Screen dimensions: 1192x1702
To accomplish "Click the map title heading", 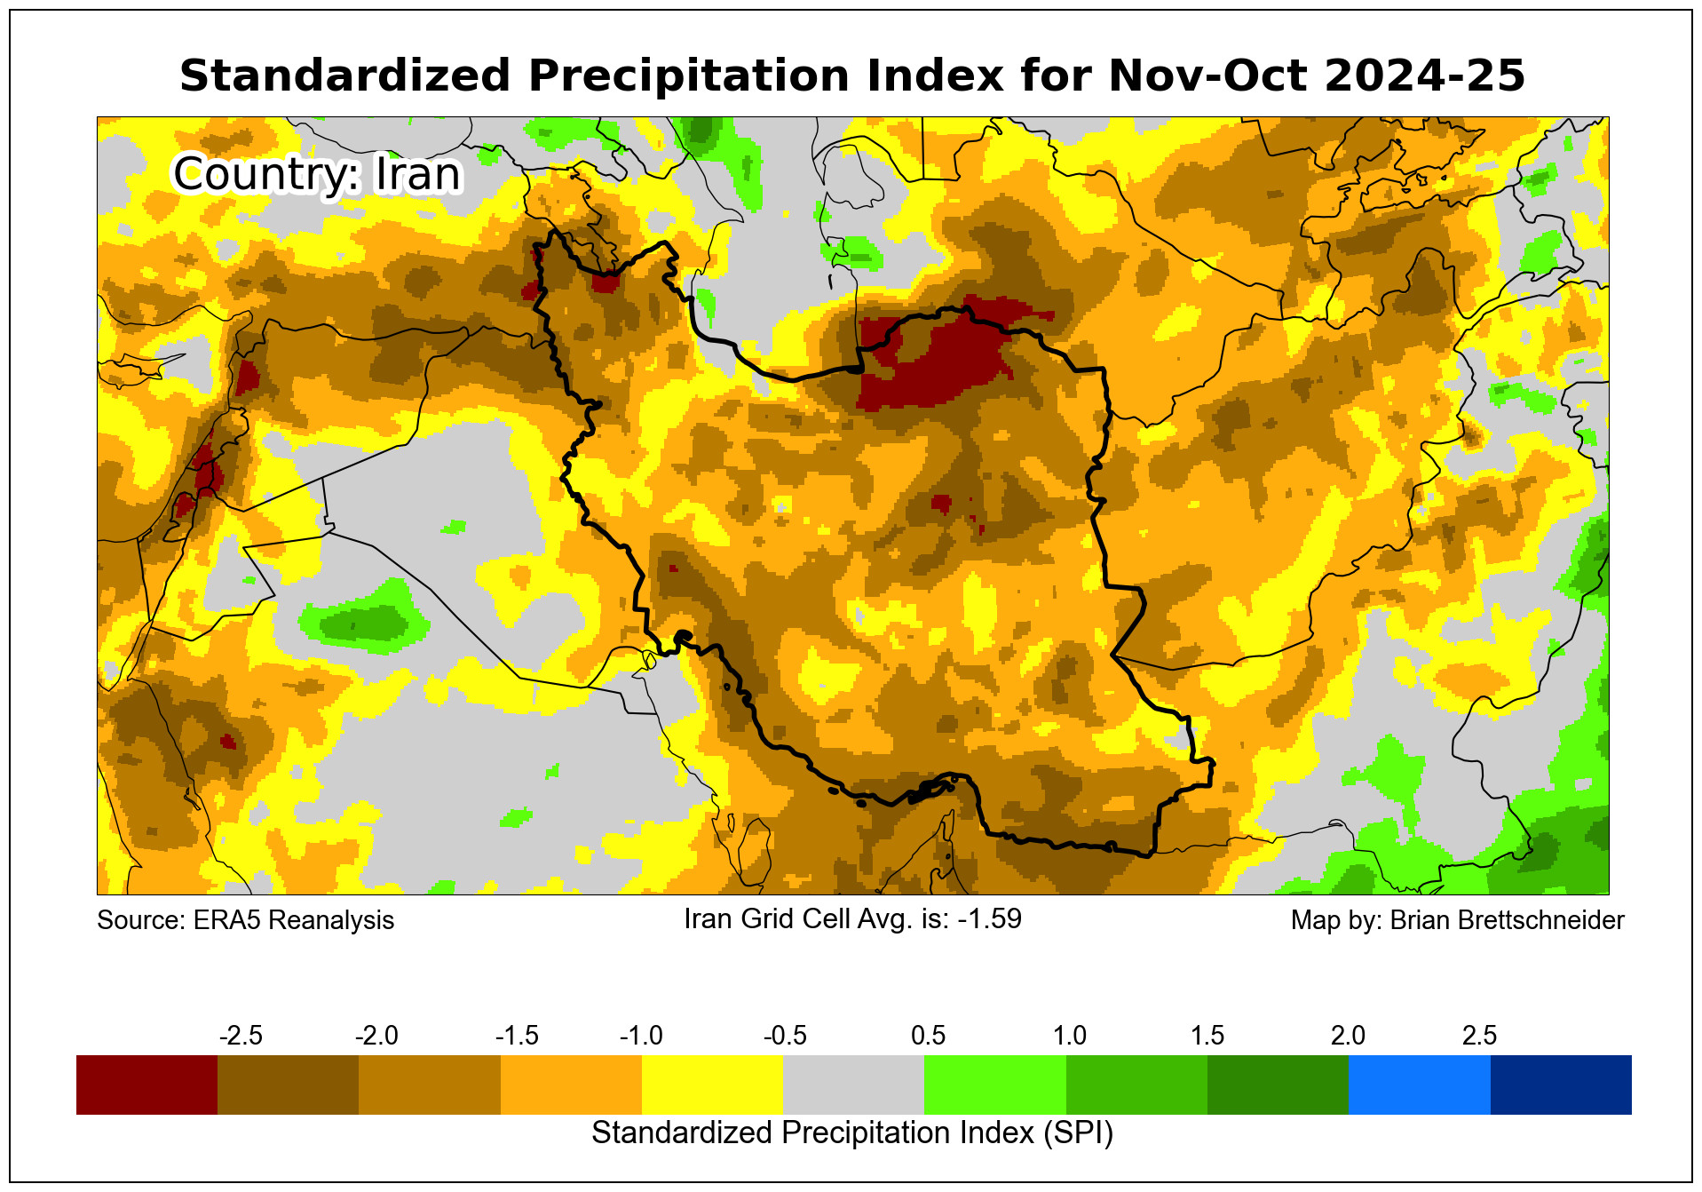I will coord(851,75).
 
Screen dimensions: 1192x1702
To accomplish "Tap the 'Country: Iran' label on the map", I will coord(317,174).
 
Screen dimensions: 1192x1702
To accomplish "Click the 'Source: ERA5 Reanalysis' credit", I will coord(245,920).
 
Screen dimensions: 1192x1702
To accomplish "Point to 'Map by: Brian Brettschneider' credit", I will coord(1457,920).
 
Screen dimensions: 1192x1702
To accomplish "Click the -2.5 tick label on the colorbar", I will coord(241,1036).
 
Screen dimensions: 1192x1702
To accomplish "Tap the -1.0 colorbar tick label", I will coord(641,1036).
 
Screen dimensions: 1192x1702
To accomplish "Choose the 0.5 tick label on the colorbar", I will coord(928,1036).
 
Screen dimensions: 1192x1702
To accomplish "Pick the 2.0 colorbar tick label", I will coord(1348,1036).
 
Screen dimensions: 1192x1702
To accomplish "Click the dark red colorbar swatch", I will coord(146,1085).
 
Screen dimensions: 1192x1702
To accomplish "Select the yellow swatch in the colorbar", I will coord(712,1085).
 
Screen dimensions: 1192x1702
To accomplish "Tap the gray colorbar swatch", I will coord(853,1085).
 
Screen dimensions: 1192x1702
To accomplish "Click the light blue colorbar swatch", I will coord(1419,1085).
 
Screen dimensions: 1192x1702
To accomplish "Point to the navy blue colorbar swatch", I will coord(1560,1085).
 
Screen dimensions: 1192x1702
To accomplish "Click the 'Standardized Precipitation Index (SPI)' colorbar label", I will coord(851,1133).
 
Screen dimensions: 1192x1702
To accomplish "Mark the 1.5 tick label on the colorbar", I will coord(1207,1036).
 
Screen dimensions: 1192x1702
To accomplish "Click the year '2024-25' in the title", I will coord(1424,75).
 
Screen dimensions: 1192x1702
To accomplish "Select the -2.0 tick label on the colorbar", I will coord(376,1036).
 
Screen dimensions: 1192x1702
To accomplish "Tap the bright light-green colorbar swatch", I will coord(994,1085).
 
